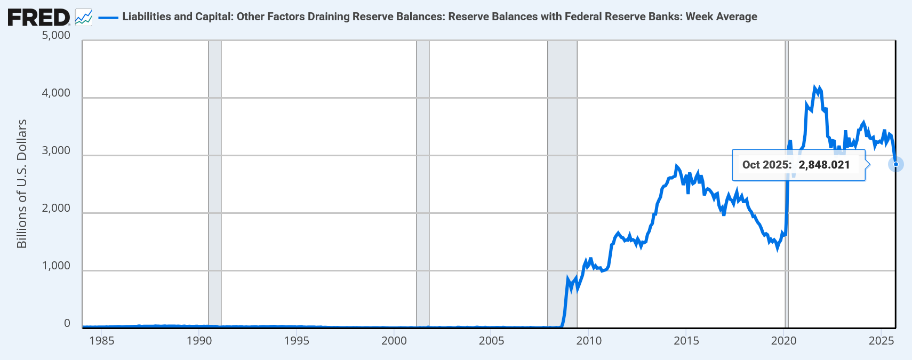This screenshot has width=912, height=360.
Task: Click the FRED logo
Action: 38,17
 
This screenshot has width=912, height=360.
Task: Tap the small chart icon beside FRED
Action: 84,17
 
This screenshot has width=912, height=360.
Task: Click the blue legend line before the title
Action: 108,18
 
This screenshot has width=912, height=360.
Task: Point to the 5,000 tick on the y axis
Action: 56,35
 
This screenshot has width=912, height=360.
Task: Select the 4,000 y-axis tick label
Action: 56,93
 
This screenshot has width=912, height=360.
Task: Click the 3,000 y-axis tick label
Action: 56,150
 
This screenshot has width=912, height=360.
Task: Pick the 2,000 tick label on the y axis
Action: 56,208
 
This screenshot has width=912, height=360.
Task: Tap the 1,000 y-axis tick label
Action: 56,266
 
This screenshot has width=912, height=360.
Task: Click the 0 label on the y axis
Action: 67,323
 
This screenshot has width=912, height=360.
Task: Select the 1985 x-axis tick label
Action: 101,341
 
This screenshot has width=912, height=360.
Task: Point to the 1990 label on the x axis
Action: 199,341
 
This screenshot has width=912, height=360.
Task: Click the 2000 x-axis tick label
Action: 394,341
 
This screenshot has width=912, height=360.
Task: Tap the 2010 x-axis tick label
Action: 589,341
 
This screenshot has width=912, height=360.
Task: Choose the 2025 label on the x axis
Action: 881,341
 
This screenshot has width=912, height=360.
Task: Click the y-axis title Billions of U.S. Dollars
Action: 22,183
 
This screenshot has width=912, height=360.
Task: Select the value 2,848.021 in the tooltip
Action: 824,165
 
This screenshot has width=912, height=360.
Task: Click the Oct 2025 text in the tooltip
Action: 766,165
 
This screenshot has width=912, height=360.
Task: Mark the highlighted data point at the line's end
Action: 895,164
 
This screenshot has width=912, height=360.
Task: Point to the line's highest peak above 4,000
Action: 815,87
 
